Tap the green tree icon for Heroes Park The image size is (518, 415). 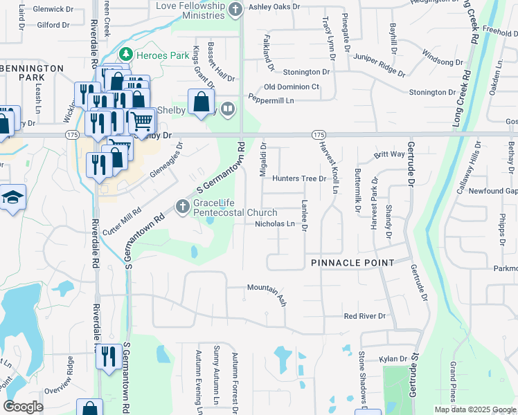pos(125,54)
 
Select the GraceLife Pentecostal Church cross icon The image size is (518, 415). pos(182,206)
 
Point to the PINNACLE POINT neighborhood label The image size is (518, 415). pos(352,263)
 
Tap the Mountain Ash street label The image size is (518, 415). pos(267,291)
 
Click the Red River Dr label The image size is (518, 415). pos(364,316)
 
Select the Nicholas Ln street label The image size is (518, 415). pos(275,224)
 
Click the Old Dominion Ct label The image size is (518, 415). pos(292,87)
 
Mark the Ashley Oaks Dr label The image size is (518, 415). pos(274,7)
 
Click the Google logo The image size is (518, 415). pos(23,407)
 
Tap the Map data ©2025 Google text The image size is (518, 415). pos(474,409)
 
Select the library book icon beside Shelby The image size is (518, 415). pos(228,109)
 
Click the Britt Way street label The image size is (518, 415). pos(389,154)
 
